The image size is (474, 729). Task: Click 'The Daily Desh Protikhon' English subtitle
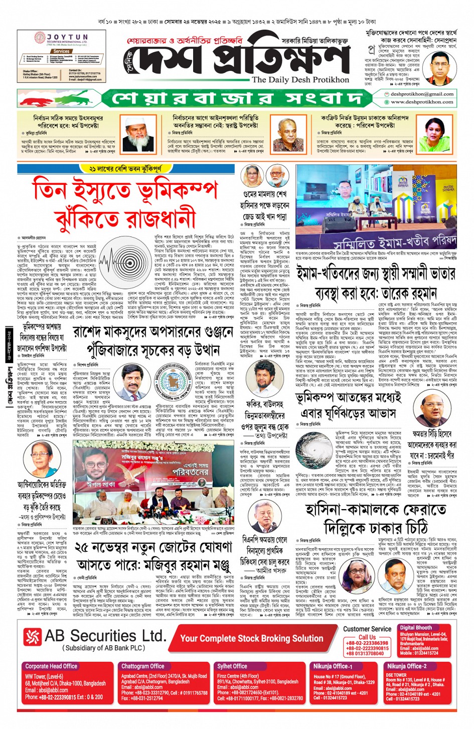(300, 80)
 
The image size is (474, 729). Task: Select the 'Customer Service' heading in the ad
(367, 629)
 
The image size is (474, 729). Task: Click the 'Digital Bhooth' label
(415, 628)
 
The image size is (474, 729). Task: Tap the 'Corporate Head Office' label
(51, 666)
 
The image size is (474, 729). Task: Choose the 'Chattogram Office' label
(142, 666)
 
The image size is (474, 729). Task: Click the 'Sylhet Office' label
(232, 666)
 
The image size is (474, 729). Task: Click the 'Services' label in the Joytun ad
(61, 51)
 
